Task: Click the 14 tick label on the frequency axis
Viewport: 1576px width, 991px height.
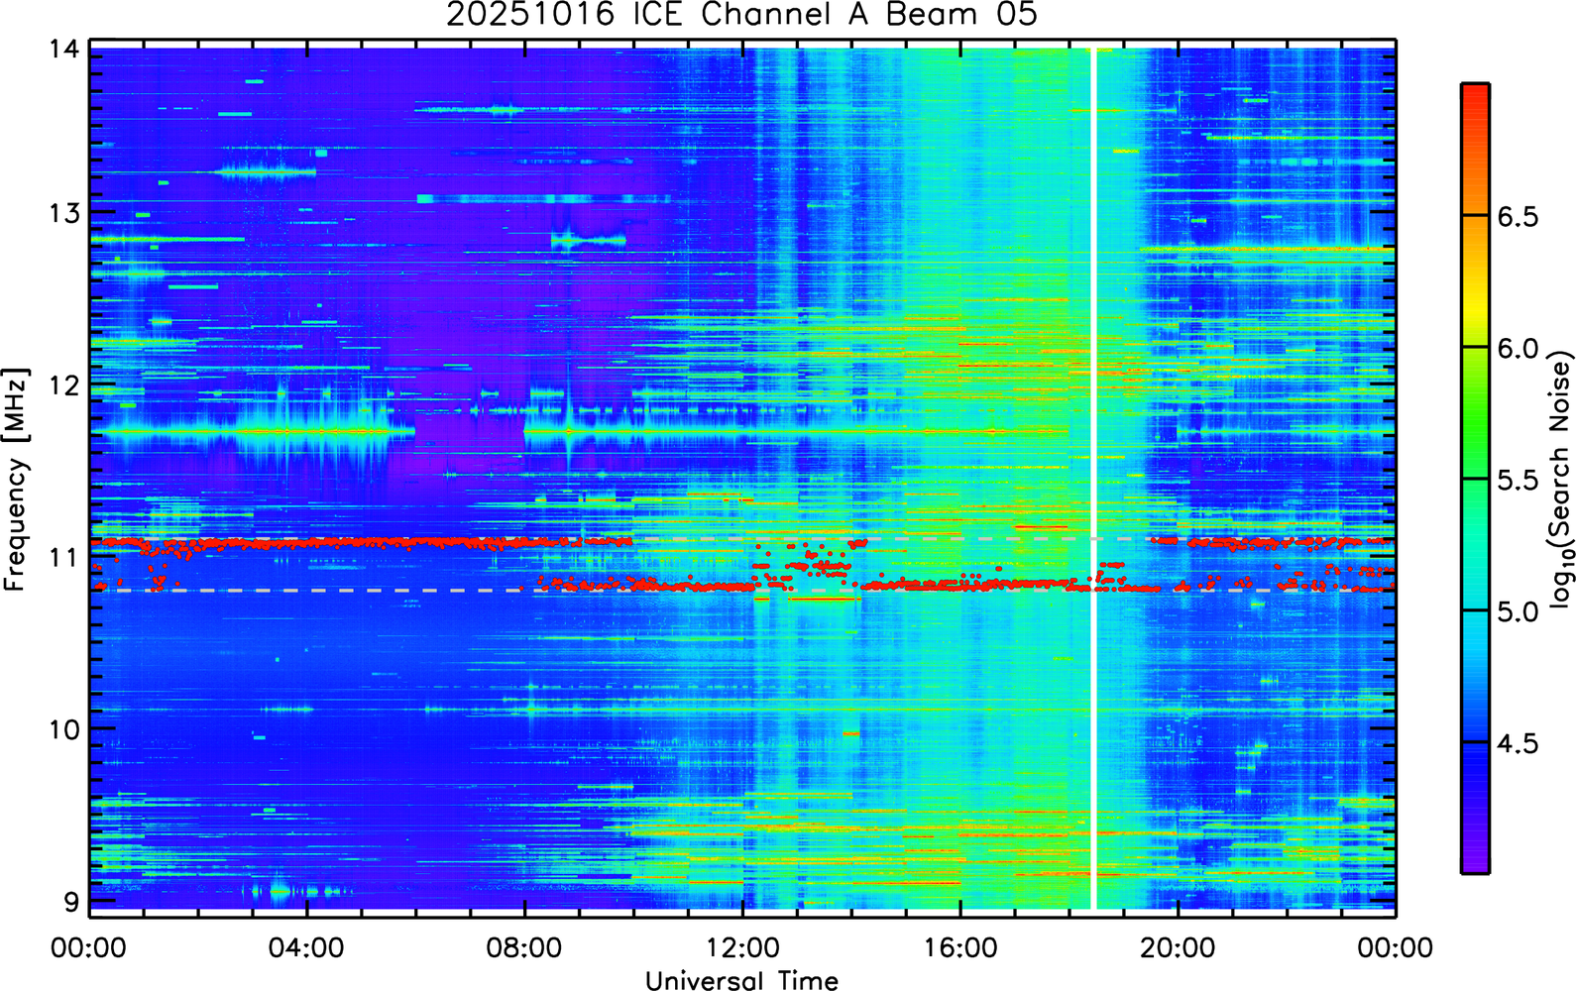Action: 65,50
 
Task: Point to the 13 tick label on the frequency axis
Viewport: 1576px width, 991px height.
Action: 65,212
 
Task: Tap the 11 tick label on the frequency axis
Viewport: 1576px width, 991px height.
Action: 65,557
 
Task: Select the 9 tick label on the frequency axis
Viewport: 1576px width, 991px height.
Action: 72,902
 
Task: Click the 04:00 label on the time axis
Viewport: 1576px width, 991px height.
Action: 306,948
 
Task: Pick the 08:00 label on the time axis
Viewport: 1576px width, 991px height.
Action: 525,948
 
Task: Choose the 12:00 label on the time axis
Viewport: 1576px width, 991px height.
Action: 743,948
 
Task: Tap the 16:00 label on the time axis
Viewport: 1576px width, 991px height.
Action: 961,948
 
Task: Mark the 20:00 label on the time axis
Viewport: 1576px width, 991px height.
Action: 1179,948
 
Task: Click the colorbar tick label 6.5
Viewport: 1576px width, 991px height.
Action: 1518,217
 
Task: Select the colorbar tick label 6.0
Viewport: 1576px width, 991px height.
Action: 1518,349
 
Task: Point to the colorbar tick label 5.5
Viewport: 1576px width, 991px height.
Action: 1518,481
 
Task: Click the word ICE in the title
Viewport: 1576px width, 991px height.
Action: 658,15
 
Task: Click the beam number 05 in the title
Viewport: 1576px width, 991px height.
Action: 1016,15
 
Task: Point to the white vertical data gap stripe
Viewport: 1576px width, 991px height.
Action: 1093,479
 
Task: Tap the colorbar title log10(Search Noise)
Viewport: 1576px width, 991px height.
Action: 1560,479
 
